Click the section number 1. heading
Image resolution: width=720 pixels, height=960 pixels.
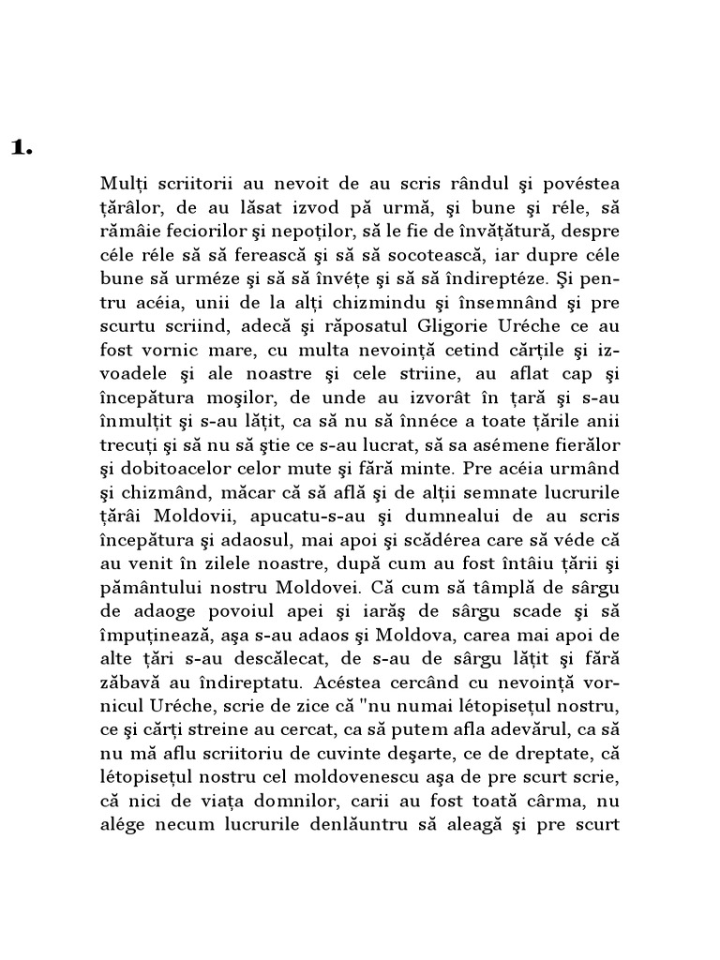click(x=22, y=147)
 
